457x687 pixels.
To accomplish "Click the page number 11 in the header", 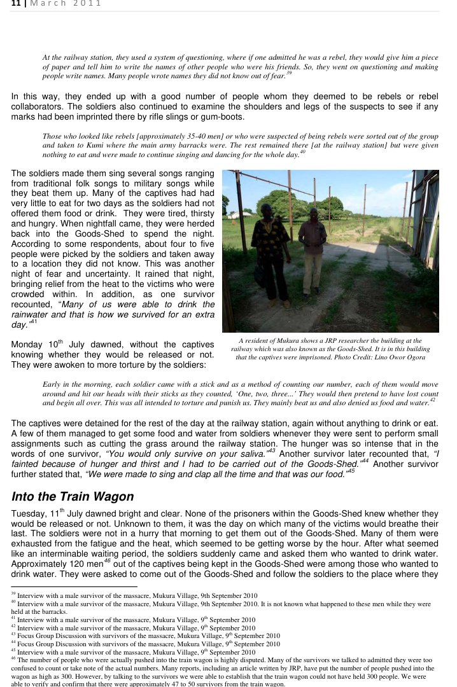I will tap(15, 4).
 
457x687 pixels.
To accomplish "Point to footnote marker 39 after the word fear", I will tap(289, 74).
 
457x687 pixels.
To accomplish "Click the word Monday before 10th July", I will tap(27, 345).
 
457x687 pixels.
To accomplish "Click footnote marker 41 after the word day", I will tap(34, 322).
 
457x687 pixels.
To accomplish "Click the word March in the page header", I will tap(48, 4).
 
